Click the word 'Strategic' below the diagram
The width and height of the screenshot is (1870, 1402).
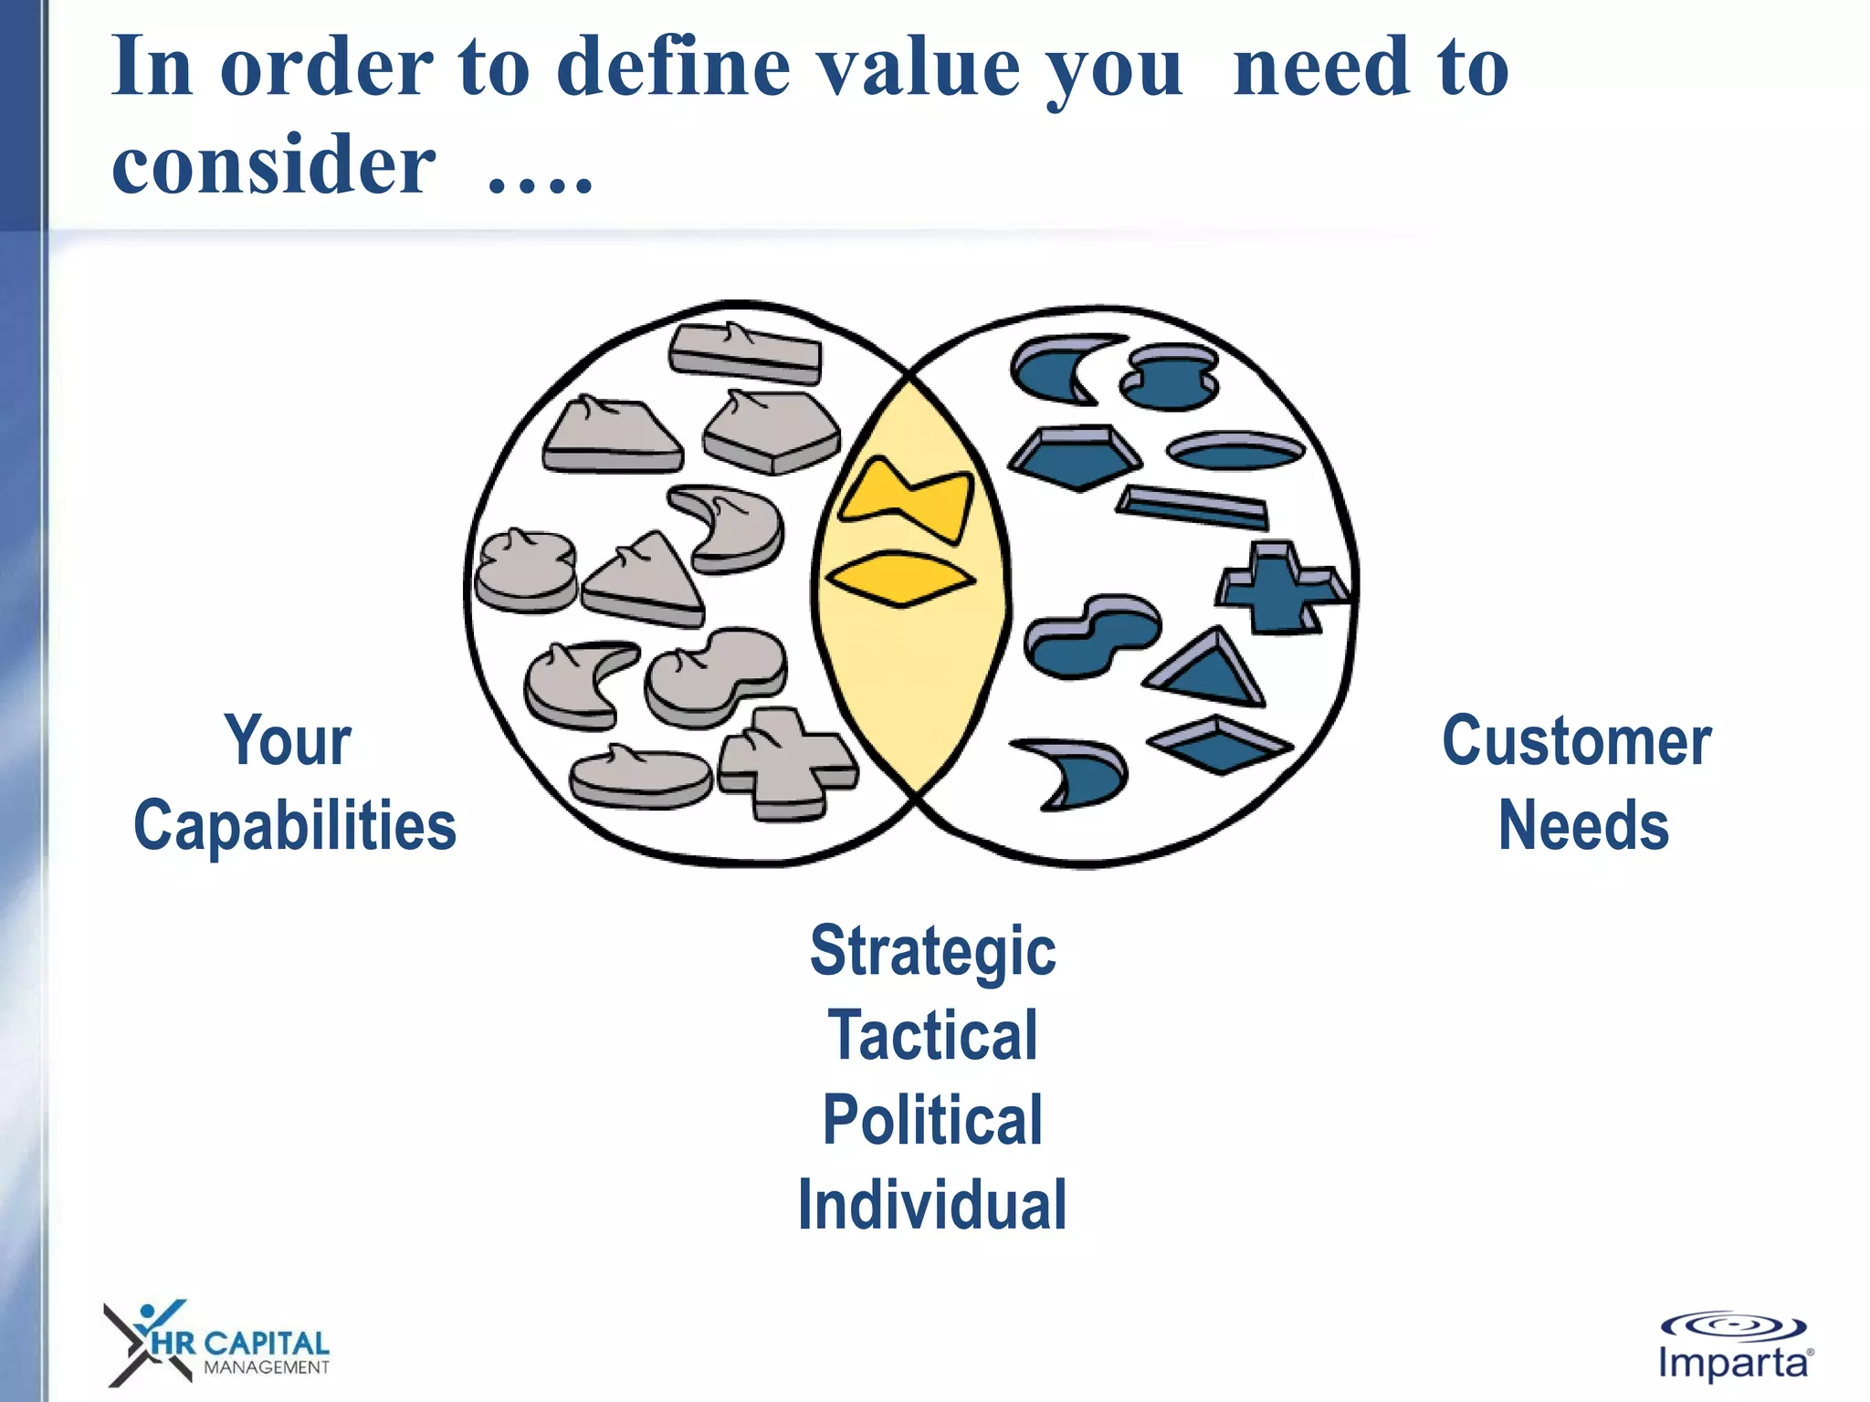point(932,952)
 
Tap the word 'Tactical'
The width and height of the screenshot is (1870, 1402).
point(932,1036)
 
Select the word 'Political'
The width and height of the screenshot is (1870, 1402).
point(932,1120)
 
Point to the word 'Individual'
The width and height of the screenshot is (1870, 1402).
point(932,1205)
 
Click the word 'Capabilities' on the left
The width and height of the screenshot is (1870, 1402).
point(294,825)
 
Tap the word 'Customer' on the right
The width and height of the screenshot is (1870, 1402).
point(1576,740)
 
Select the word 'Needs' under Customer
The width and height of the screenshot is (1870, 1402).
point(1583,825)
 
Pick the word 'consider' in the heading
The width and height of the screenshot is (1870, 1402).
point(273,164)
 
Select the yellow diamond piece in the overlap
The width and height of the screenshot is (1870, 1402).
point(900,578)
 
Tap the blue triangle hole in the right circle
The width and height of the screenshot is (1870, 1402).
point(1207,671)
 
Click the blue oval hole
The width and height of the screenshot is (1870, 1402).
point(1236,450)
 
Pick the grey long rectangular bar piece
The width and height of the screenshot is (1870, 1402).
point(745,353)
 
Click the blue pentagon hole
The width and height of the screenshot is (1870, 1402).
point(1077,456)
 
